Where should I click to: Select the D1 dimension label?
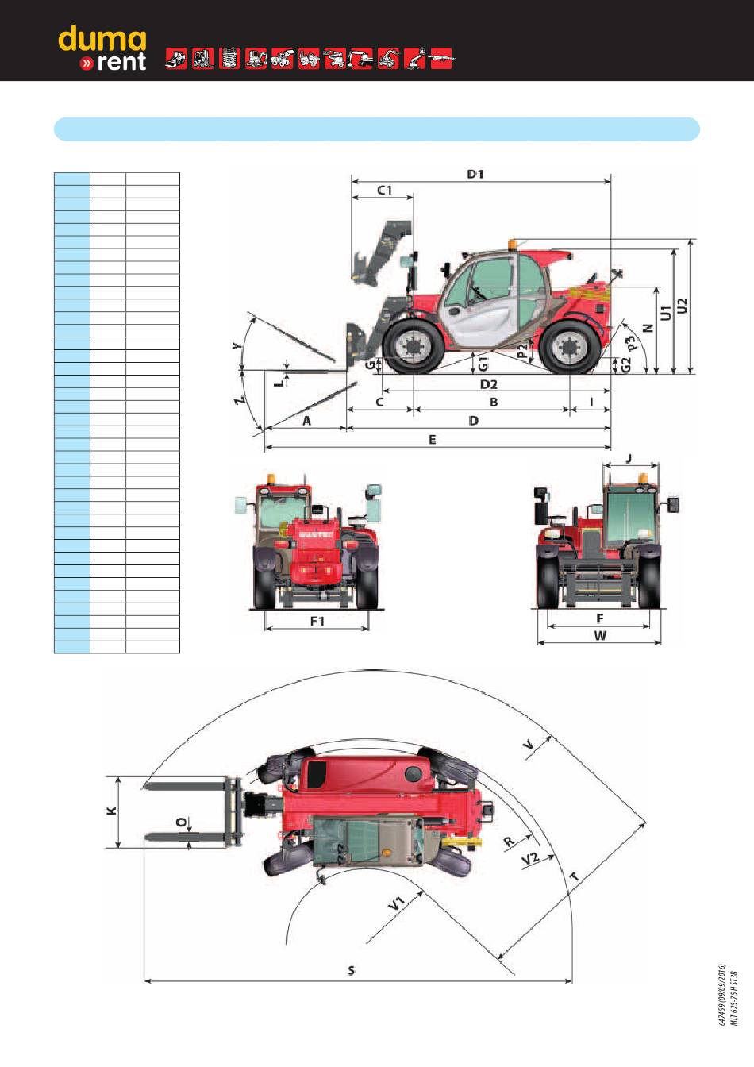click(x=475, y=174)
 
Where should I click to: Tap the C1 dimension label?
click(x=384, y=191)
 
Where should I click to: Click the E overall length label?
click(x=433, y=439)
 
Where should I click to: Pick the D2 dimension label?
click(x=488, y=384)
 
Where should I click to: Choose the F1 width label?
click(x=317, y=621)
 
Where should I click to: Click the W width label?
click(x=600, y=635)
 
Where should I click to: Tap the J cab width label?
click(x=628, y=458)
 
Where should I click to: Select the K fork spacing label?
click(x=112, y=811)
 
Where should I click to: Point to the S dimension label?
click(x=351, y=970)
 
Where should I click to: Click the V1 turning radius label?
click(x=396, y=902)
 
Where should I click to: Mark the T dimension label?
click(x=574, y=877)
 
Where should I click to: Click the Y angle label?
click(x=236, y=345)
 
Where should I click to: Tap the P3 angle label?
click(x=632, y=343)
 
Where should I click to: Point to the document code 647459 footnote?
click(x=721, y=996)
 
